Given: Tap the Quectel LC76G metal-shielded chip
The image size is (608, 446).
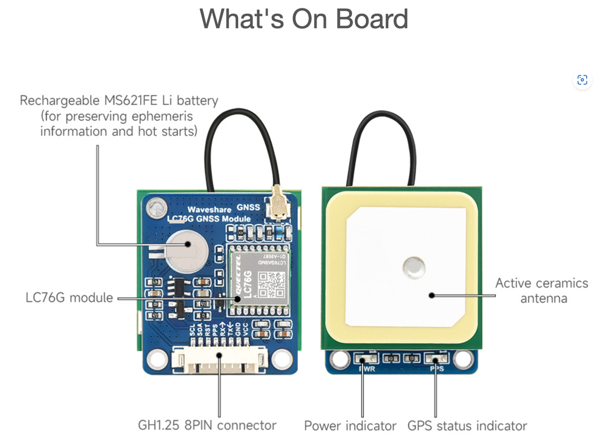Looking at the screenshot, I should click(259, 278).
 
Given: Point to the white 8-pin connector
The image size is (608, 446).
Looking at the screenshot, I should click(219, 361).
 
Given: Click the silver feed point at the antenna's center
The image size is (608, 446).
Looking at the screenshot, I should click(413, 267).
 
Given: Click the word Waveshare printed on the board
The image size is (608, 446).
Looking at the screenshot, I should click(209, 209).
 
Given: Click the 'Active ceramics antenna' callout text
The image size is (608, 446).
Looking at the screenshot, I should click(541, 290).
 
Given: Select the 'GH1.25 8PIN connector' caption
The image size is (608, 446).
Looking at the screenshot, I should click(207, 425).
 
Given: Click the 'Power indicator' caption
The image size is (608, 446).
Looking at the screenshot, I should click(350, 426).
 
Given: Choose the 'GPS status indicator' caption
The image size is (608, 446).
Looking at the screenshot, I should click(467, 426).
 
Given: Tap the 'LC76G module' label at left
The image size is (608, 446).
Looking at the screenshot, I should click(69, 297).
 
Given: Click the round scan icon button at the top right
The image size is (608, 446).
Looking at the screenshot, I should click(582, 80).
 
